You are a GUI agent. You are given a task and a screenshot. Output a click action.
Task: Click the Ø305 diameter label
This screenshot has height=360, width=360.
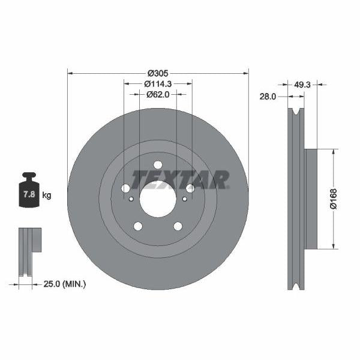(158, 73)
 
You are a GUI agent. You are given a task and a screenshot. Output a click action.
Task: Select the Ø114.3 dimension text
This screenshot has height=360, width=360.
(158, 84)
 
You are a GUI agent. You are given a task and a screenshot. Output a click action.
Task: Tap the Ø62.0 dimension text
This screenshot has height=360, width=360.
(158, 94)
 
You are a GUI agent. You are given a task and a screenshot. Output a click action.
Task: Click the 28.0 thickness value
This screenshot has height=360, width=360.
(268, 96)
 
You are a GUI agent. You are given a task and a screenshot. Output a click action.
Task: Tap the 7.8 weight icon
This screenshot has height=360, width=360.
(28, 193)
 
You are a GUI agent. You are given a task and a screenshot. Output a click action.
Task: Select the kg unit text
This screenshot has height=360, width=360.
(47, 196)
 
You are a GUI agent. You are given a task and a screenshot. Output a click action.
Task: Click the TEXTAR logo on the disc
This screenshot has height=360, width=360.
(180, 179)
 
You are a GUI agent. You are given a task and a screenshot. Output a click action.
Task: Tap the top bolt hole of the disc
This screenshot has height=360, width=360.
(158, 165)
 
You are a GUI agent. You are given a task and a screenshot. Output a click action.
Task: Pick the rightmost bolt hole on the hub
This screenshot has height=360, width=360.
(190, 188)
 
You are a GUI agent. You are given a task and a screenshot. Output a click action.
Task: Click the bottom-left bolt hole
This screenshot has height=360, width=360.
(138, 226)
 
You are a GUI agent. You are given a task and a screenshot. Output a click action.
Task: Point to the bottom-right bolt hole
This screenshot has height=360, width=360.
(178, 226)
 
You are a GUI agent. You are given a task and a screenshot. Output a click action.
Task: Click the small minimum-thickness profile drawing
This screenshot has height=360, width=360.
(28, 252)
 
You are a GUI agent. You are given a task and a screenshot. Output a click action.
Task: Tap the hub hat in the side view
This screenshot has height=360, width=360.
(310, 199)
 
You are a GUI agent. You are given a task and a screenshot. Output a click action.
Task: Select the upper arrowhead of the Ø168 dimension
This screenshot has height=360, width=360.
(334, 152)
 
